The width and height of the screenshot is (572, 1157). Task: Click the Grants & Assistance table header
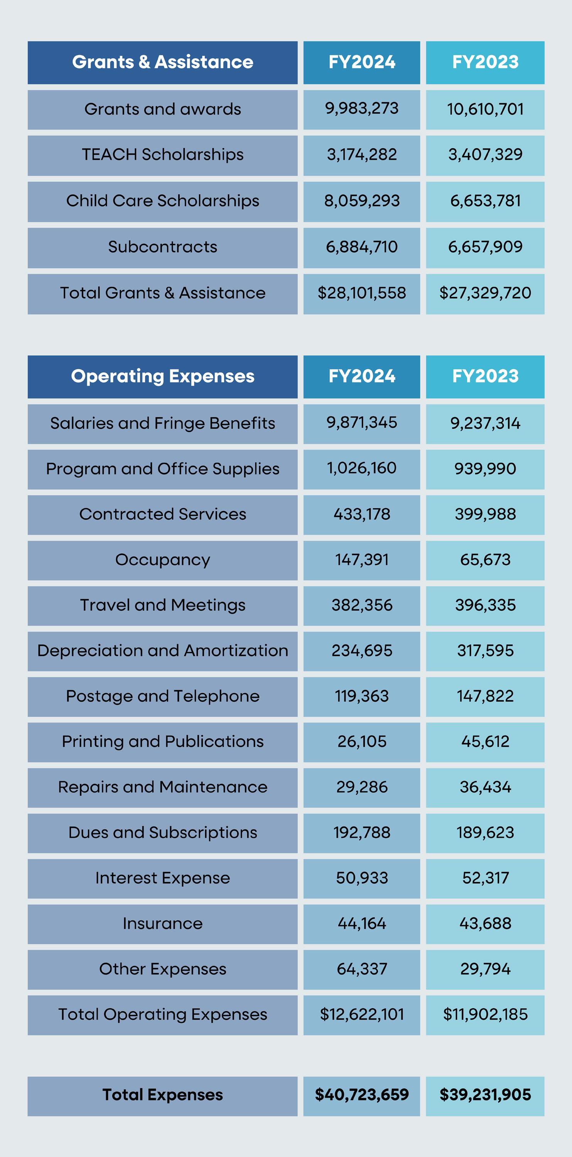[162, 62]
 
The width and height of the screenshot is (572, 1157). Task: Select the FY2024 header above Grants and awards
[362, 62]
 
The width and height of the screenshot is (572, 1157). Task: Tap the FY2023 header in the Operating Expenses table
[485, 376]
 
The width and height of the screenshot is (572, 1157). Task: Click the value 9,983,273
[362, 109]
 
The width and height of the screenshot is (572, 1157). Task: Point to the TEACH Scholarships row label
[162, 155]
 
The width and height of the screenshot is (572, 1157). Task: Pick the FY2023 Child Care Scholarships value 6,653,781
[485, 201]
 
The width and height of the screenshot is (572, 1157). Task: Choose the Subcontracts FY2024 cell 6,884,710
[362, 247]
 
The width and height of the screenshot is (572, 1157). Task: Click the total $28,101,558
[362, 293]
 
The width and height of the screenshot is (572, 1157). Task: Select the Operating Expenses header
[162, 376]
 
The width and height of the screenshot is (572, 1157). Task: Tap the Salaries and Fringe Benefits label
[162, 423]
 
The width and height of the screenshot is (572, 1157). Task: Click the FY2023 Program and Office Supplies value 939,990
[485, 469]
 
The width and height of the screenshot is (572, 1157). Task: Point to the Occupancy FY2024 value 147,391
[362, 560]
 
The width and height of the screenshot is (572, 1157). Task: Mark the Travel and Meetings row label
[162, 605]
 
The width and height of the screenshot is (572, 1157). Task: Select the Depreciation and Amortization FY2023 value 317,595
[485, 651]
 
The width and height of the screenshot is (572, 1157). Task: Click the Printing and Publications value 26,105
[362, 742]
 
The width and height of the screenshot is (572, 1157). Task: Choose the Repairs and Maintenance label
[162, 788]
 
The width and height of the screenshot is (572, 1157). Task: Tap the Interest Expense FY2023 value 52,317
[485, 878]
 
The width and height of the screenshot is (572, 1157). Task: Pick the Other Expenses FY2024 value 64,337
[362, 969]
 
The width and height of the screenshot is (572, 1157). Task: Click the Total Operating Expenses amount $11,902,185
[485, 1015]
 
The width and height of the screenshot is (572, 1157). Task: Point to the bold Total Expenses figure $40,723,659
[362, 1095]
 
